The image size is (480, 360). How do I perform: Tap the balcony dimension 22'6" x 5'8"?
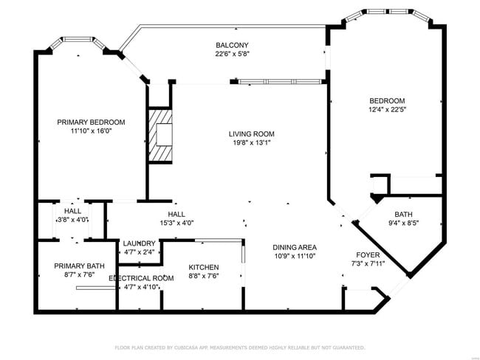233,54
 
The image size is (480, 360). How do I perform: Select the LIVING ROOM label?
251,134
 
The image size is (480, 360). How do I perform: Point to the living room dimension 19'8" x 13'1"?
251,143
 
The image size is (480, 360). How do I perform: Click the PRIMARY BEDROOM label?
92,122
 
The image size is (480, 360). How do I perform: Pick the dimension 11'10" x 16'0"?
92,131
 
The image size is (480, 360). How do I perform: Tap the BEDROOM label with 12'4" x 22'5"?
388,100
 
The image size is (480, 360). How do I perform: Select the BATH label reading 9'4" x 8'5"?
403,215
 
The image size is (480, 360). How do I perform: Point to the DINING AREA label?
295,247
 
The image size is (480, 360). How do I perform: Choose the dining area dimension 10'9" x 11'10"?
295,257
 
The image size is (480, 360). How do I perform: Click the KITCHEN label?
204,267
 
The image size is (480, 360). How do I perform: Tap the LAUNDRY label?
139,243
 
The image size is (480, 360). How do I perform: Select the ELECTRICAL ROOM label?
141,277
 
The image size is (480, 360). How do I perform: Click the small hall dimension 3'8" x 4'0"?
72,219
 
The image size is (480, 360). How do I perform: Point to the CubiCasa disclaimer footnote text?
239,347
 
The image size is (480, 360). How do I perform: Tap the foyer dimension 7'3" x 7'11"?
368,263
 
